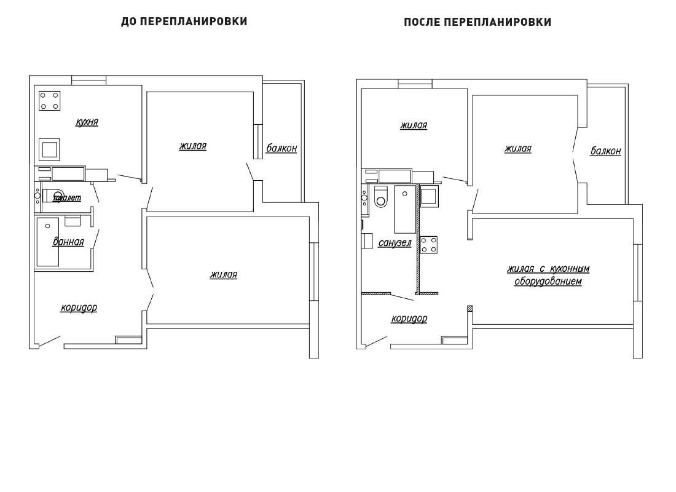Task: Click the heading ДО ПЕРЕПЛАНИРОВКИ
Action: point(184,22)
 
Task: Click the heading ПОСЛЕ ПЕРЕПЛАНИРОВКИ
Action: point(478,22)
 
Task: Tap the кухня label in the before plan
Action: point(87,122)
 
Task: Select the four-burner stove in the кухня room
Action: point(50,101)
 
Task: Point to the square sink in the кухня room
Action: point(49,149)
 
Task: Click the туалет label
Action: point(67,198)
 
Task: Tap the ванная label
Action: point(68,242)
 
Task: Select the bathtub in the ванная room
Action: point(48,242)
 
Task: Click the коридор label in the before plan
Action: point(79,307)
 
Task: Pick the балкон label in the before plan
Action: point(281,148)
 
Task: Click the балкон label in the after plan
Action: point(606,151)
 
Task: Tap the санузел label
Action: point(395,243)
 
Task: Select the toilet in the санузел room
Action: point(381,197)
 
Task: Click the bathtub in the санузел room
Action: point(405,209)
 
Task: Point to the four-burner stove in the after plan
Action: point(428,245)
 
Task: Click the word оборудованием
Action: point(548,282)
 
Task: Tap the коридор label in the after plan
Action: point(409,319)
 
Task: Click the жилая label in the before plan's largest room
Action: point(224,274)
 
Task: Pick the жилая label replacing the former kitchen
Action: point(414,125)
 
